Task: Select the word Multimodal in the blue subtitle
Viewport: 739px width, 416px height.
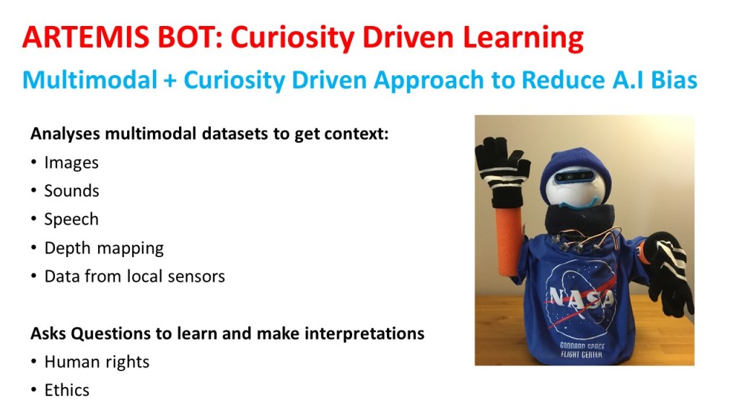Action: (90, 79)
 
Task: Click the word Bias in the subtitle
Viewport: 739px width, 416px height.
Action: (674, 79)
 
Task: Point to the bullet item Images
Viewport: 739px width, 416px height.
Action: (71, 162)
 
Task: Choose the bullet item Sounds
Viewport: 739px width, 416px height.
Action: (71, 191)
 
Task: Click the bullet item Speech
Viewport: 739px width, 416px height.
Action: (71, 220)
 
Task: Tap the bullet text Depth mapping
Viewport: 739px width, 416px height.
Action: (104, 248)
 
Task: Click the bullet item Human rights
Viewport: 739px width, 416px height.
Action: (97, 363)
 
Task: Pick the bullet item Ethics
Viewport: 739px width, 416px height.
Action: (67, 390)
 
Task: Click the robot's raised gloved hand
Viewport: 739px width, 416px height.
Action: (502, 170)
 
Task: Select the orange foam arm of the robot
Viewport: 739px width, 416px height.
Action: (510, 240)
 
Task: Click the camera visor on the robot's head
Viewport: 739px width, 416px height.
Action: (574, 178)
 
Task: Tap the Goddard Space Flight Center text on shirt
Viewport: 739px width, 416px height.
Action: (582, 350)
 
